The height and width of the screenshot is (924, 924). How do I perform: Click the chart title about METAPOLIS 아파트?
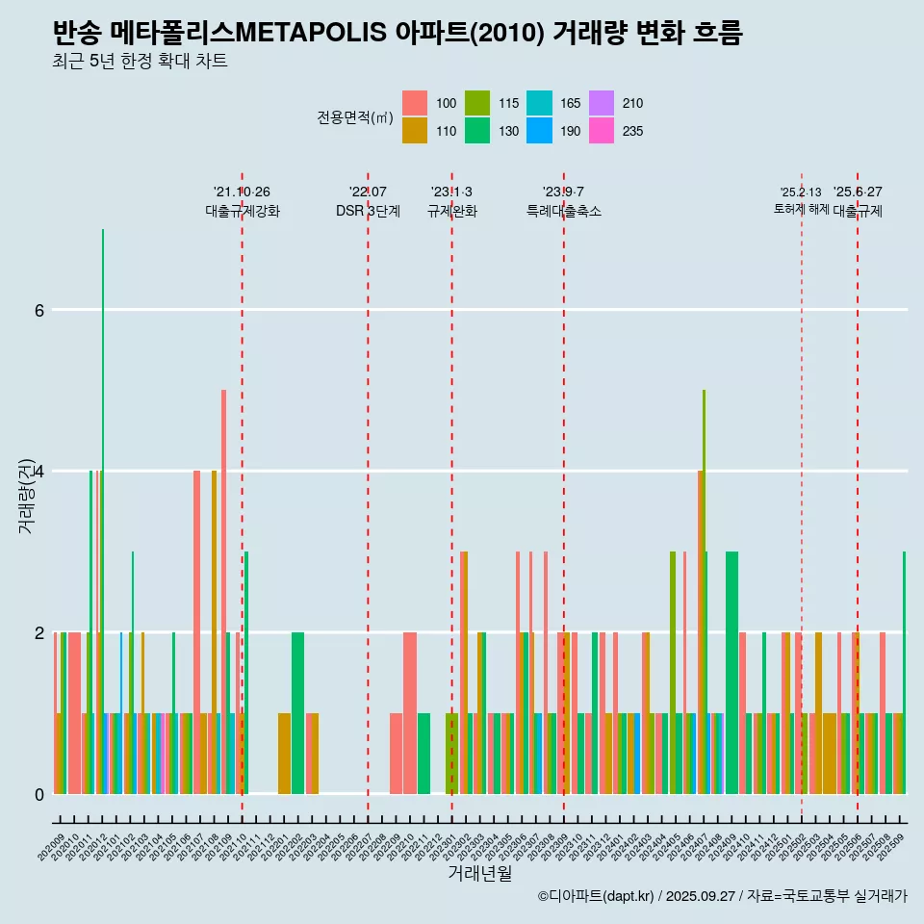click(x=397, y=34)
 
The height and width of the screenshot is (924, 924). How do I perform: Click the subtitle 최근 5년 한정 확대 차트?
click(x=140, y=63)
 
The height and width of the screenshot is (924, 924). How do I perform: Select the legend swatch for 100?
click(x=415, y=103)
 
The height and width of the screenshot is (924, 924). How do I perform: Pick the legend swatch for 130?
click(x=477, y=131)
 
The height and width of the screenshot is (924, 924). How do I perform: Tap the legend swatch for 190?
click(x=540, y=131)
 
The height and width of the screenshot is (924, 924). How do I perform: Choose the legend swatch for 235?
click(x=602, y=131)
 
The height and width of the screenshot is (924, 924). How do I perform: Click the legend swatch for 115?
click(x=477, y=103)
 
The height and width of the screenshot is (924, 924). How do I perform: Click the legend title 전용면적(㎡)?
click(x=355, y=117)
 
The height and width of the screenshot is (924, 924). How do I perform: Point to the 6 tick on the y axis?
click(x=39, y=310)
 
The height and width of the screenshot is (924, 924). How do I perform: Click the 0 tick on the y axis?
click(x=39, y=794)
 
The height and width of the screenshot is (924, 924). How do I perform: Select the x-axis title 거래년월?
click(x=479, y=873)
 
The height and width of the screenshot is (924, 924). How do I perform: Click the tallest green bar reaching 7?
click(x=103, y=481)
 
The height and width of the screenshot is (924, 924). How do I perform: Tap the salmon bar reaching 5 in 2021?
click(x=223, y=577)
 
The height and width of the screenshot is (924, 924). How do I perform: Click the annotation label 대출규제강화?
click(x=243, y=211)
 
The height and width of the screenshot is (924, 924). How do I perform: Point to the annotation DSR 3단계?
click(x=368, y=211)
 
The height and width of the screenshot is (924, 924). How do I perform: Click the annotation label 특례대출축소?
click(x=563, y=211)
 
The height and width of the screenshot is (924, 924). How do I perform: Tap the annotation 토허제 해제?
click(x=801, y=209)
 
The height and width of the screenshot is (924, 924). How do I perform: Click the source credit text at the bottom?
click(x=722, y=896)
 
